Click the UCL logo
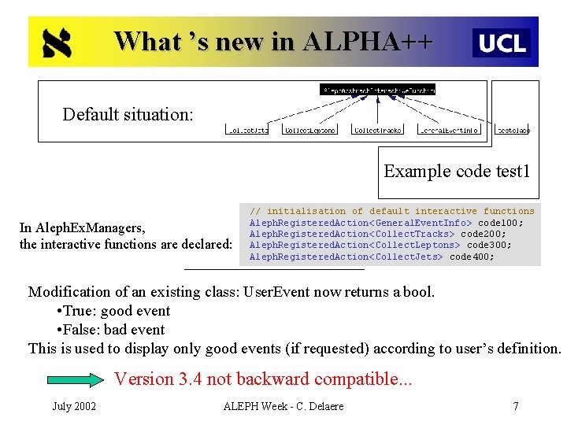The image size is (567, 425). pyautogui.click(x=502, y=42)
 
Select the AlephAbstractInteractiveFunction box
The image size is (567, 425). pyautogui.click(x=377, y=90)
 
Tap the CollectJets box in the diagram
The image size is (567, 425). pyautogui.click(x=247, y=130)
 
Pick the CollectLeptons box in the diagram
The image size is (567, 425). pyautogui.click(x=309, y=130)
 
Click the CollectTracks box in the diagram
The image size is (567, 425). pyautogui.click(x=377, y=130)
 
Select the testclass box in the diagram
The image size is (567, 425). pyautogui.click(x=513, y=130)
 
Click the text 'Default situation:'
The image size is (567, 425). pyautogui.click(x=128, y=114)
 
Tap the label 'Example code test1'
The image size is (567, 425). pyautogui.click(x=457, y=171)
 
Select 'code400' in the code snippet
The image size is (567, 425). pyautogui.click(x=472, y=257)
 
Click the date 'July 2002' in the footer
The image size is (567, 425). pyautogui.click(x=74, y=406)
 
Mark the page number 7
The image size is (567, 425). pyautogui.click(x=515, y=406)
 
